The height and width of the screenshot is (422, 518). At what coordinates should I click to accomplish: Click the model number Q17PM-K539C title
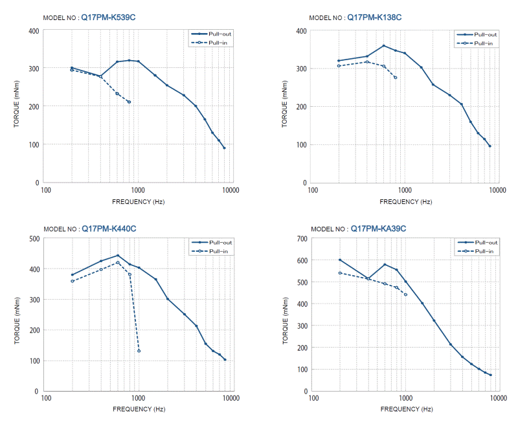(x=108, y=17)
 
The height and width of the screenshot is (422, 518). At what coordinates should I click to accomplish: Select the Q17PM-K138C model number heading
(x=374, y=17)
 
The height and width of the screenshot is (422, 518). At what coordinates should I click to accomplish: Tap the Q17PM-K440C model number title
(x=109, y=228)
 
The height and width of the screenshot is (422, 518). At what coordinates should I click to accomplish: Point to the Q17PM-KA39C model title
(x=378, y=228)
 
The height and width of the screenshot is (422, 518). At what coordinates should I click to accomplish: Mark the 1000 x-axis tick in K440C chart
(x=138, y=399)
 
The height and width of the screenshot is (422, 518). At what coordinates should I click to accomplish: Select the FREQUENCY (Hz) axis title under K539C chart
(x=138, y=201)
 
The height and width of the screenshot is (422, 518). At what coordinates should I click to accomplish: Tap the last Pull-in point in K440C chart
(x=139, y=351)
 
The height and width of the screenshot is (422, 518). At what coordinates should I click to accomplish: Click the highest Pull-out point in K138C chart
(x=384, y=45)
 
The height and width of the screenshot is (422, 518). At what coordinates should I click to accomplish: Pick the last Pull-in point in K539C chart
(x=129, y=102)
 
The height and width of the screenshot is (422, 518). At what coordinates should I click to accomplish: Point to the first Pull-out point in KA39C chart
(x=340, y=260)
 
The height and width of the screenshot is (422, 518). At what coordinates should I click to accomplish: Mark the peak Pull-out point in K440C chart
(x=118, y=255)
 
